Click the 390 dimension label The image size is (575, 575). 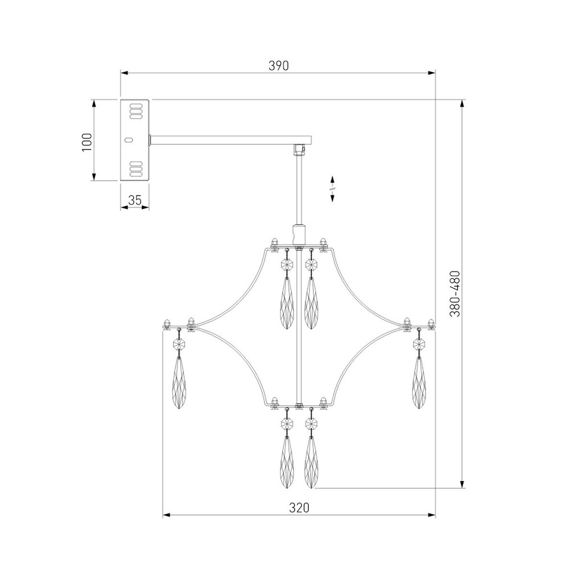[278, 66]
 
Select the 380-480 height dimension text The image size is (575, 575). [455, 294]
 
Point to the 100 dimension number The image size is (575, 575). [87, 143]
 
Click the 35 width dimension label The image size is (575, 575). [135, 200]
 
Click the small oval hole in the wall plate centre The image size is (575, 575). [128, 139]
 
